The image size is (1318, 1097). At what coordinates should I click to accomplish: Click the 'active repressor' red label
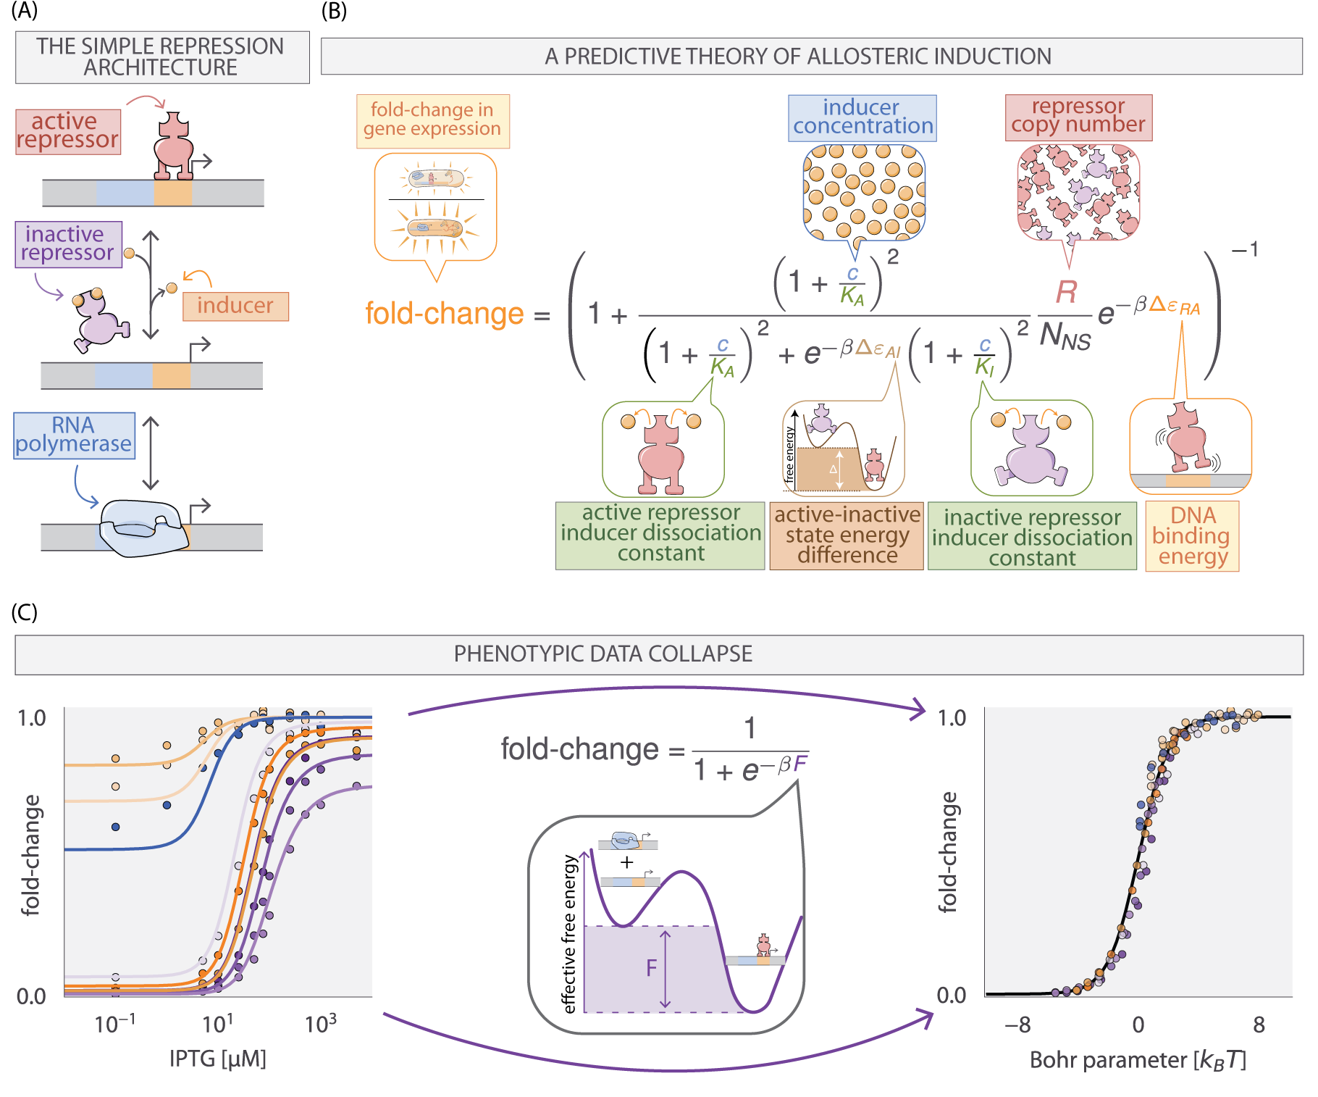click(67, 131)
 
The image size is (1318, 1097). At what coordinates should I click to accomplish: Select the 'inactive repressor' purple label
click(68, 244)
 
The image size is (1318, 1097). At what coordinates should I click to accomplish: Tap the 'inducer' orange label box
click(235, 306)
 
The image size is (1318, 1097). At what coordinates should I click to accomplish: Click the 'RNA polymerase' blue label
click(74, 435)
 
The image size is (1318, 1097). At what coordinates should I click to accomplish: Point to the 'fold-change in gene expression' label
click(432, 120)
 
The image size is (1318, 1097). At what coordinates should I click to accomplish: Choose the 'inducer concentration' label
click(862, 117)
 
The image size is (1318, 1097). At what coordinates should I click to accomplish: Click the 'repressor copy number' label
click(1078, 117)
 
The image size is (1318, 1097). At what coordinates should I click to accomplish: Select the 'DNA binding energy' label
click(1191, 536)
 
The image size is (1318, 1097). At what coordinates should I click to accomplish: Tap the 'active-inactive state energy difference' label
click(847, 535)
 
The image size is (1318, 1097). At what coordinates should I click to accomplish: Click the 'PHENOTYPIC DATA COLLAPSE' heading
click(603, 654)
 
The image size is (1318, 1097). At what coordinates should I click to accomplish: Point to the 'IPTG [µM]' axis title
click(218, 1059)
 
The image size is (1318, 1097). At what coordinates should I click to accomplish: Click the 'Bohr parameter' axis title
click(1138, 1061)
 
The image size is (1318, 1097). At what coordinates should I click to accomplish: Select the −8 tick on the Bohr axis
click(1017, 1025)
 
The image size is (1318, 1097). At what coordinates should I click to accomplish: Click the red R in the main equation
click(1066, 292)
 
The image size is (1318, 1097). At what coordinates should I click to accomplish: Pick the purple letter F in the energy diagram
click(651, 968)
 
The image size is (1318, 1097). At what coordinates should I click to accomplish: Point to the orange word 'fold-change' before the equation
click(444, 314)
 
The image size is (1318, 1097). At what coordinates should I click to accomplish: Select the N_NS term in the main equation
click(1065, 337)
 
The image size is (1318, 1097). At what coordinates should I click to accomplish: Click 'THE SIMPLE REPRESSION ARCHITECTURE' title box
click(161, 57)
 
